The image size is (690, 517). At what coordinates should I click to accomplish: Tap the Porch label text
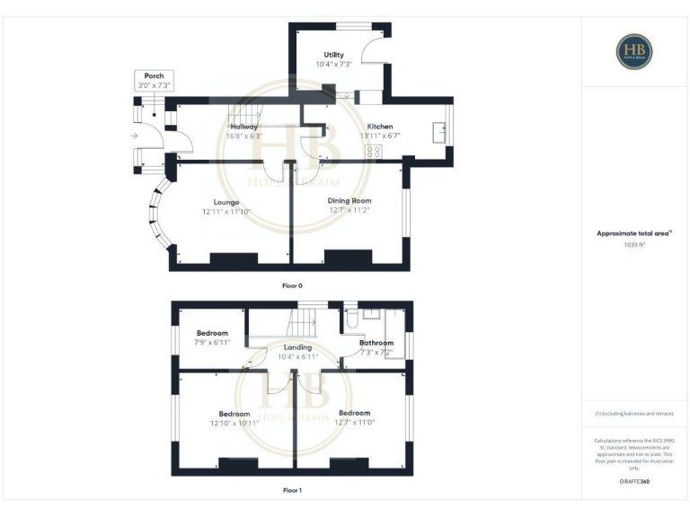point(154,76)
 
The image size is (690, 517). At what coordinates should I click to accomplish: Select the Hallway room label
point(243,127)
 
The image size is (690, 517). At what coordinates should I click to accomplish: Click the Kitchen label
point(378,127)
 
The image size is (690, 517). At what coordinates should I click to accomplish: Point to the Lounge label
point(226,202)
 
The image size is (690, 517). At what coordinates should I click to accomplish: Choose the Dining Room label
point(349,201)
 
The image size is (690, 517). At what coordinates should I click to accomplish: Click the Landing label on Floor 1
point(297,347)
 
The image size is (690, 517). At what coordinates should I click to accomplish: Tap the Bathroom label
point(376,343)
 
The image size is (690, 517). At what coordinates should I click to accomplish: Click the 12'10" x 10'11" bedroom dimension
point(234,423)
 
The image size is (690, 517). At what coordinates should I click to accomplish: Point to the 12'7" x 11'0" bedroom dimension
point(355,423)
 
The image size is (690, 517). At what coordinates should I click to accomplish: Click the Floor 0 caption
point(293,285)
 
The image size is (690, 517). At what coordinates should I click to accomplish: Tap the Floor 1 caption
point(293,491)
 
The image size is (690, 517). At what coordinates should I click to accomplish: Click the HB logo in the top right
point(634,51)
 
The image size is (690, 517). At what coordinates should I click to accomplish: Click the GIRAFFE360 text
point(634,483)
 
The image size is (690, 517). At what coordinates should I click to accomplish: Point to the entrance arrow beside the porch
point(133,136)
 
